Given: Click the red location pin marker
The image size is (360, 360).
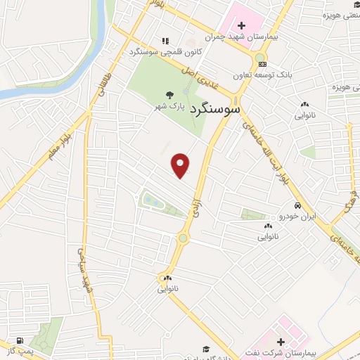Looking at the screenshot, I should click(181, 165).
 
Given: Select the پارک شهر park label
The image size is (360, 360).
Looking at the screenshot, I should click(169, 106).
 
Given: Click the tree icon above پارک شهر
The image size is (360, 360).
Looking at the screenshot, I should click(169, 95).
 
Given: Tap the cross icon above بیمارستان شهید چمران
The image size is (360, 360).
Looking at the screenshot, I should click(241, 25).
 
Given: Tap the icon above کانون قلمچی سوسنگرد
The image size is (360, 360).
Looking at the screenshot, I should click(165, 41).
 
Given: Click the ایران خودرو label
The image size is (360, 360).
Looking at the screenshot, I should click(298, 217).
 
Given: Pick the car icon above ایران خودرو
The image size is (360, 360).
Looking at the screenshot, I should click(298, 206).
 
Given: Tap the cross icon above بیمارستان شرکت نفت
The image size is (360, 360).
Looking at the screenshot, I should click(281, 340).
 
